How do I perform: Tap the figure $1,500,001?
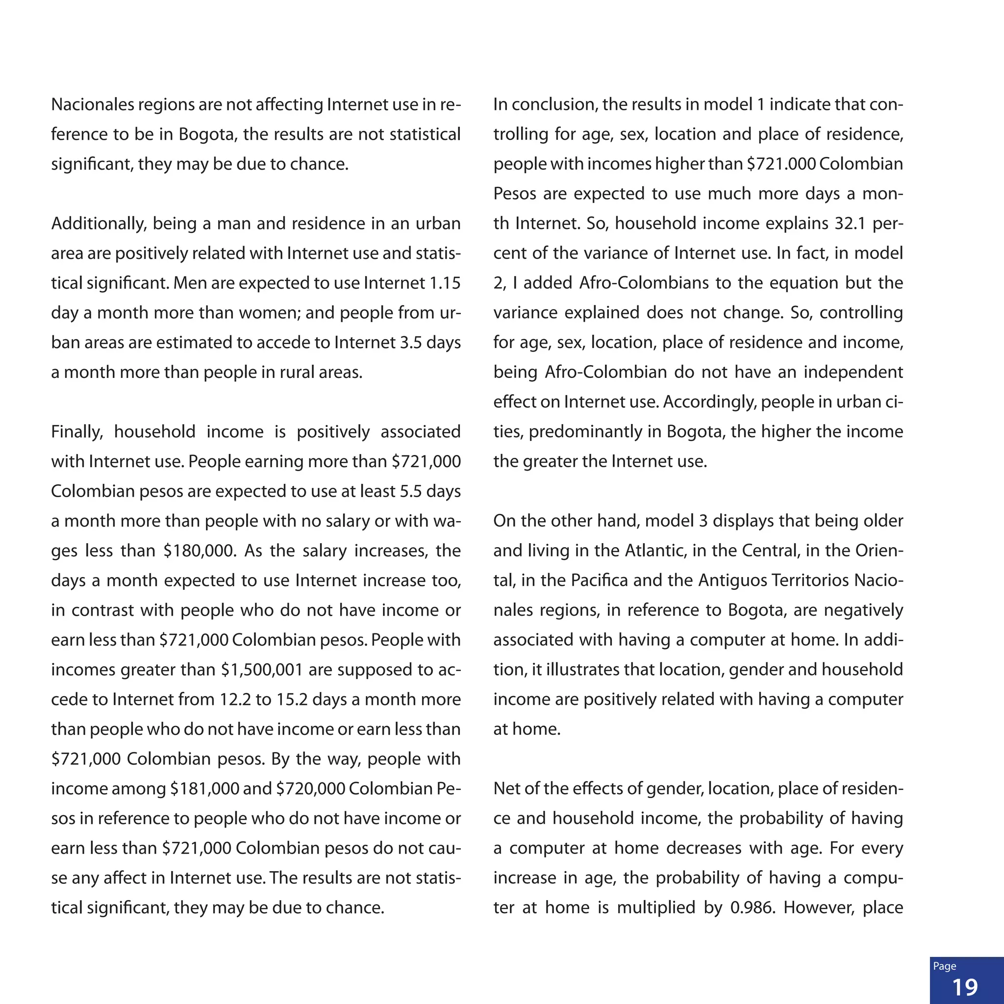262,670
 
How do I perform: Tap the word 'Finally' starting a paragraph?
77,432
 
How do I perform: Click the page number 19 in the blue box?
965,987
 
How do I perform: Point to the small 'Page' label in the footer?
944,966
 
